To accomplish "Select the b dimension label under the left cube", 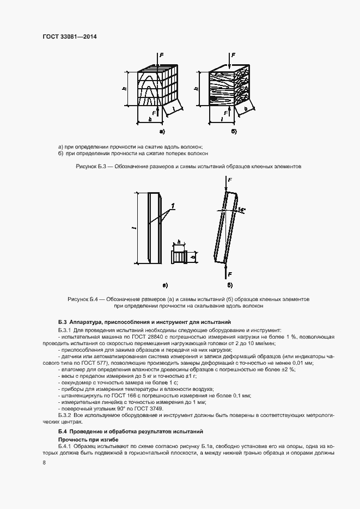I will pos(149,118).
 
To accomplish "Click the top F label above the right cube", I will pos(234,55).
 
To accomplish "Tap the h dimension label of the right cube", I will pos(196,89).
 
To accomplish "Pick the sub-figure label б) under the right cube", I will pos(234,132).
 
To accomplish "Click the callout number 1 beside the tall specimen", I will pos(173,205).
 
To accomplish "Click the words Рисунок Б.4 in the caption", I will pos(82,299).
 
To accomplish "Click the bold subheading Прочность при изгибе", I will pos(85,439).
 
